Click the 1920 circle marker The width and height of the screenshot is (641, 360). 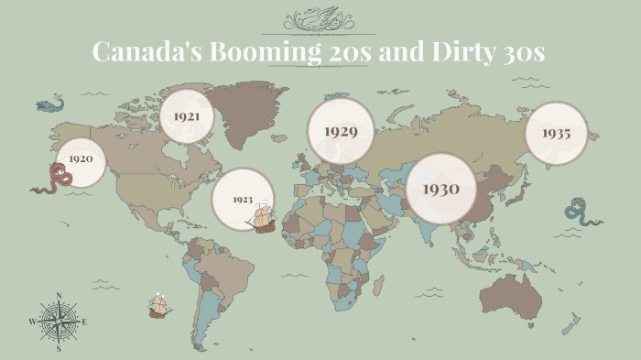coord(81,159)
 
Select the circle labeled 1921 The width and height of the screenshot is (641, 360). coord(187,116)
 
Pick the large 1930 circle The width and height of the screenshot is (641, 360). coord(440,189)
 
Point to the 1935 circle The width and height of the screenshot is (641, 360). coord(556,133)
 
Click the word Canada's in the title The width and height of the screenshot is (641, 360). coord(147,52)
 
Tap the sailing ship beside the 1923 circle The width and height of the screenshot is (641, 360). coord(263,218)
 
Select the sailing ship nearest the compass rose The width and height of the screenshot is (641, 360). coord(160,306)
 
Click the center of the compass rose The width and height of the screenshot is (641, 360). coord(59,322)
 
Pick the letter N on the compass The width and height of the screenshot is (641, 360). coord(59,296)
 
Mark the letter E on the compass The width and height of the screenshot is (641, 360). coord(84,322)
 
